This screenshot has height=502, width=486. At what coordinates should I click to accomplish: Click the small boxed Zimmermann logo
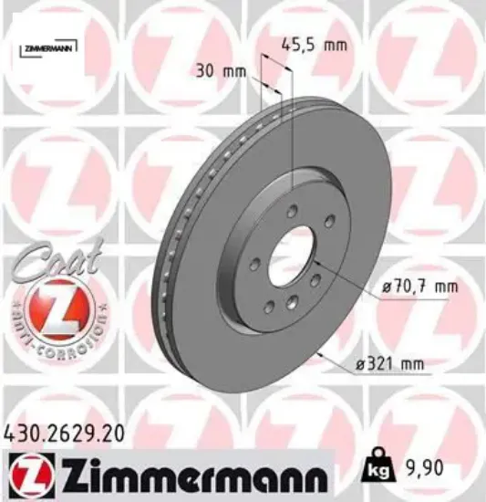[47, 46]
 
